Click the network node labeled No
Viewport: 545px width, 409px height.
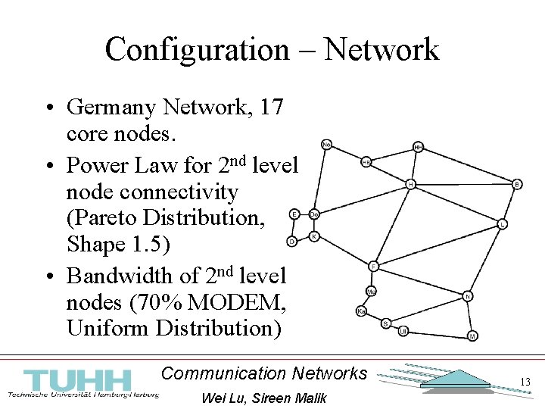326,144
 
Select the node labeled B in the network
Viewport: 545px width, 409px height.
518,184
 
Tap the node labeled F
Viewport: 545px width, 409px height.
373,266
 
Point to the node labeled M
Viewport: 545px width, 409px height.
472,336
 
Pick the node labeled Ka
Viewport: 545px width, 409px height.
362,311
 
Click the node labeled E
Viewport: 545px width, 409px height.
294,214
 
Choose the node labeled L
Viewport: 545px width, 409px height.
503,224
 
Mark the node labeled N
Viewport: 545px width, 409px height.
469,296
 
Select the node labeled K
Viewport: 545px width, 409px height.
314,236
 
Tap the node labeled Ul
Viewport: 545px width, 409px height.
403,331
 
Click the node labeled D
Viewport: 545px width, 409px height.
291,242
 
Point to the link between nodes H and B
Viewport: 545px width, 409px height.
464,184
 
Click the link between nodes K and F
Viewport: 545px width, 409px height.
344,251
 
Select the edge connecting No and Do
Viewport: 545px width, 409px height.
320,179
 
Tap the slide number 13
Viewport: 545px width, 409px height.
525,382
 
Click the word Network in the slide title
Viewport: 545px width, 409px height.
381,50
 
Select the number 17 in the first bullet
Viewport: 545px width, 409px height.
271,108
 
